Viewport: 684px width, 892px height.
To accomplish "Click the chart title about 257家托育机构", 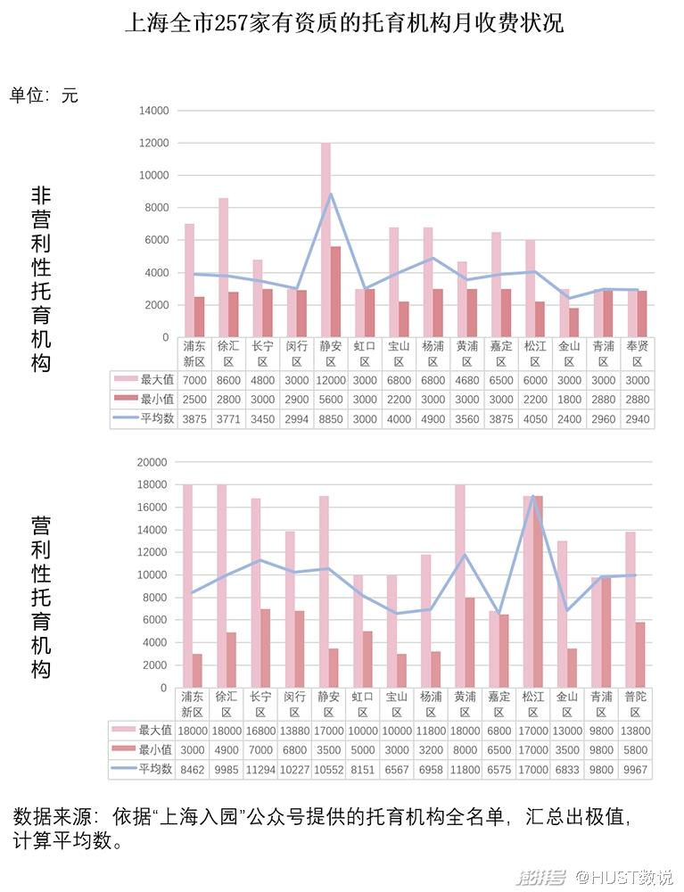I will [x=343, y=23].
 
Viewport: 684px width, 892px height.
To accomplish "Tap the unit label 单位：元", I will [x=44, y=95].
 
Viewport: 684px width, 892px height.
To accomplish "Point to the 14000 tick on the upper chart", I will [x=152, y=111].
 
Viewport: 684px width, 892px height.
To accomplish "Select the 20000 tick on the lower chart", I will [x=152, y=462].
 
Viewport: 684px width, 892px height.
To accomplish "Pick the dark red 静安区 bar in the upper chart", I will [x=335, y=292].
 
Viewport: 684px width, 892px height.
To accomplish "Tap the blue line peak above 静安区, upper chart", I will [x=331, y=194].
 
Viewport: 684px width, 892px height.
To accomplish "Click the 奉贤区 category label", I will [x=637, y=354].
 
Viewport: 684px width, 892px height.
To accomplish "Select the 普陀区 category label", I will [x=636, y=705].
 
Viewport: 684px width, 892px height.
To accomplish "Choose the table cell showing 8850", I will [x=331, y=419].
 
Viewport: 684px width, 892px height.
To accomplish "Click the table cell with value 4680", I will [x=467, y=379].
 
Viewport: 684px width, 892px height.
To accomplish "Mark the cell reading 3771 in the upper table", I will [x=228, y=419].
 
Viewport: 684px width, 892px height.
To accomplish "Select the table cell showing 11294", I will [x=261, y=770].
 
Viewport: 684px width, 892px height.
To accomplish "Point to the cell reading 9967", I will [x=636, y=770].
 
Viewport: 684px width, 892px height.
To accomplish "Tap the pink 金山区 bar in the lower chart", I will [x=562, y=614].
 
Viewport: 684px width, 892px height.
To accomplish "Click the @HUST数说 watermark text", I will [x=624, y=878].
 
